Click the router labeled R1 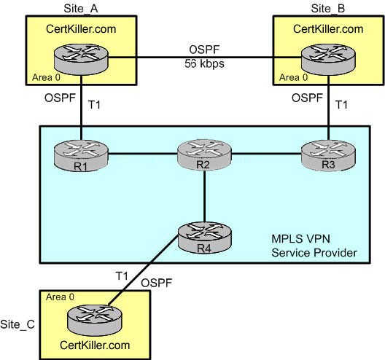pyautogui.click(x=81, y=155)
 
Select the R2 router pyautogui.click(x=204, y=155)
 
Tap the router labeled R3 pyautogui.click(x=328, y=155)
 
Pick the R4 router pyautogui.click(x=204, y=238)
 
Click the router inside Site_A pyautogui.click(x=81, y=59)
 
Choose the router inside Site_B pyautogui.click(x=328, y=59)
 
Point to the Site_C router pyautogui.click(x=94, y=320)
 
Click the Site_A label pyautogui.click(x=81, y=9)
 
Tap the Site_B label pyautogui.click(x=328, y=9)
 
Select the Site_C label pyautogui.click(x=17, y=324)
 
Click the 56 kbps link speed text pyautogui.click(x=204, y=63)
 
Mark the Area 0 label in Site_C pyautogui.click(x=60, y=297)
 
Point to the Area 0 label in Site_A pyautogui.click(x=46, y=77)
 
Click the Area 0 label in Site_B pyautogui.click(x=293, y=77)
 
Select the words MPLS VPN pyautogui.click(x=300, y=239)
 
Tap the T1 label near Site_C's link pyautogui.click(x=122, y=275)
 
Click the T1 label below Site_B pyautogui.click(x=341, y=105)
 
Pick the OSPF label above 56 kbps pyautogui.click(x=204, y=50)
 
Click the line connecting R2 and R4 pyautogui.click(x=204, y=196)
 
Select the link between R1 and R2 pyautogui.click(x=143, y=154)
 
